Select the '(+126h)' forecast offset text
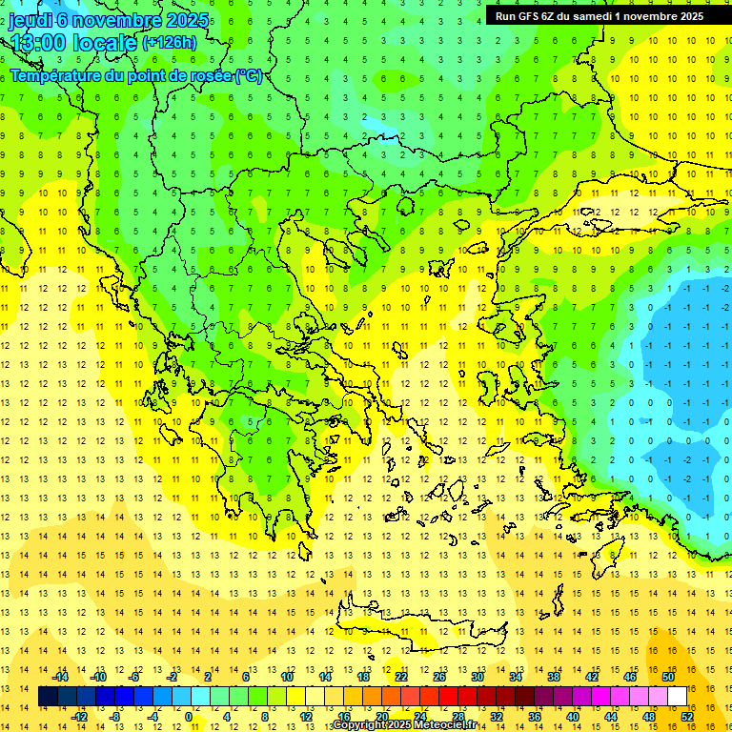pos(169,42)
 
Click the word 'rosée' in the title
pos(209,75)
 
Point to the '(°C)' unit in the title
pos(249,75)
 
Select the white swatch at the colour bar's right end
pos(677,697)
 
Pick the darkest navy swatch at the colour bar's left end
pos(49,697)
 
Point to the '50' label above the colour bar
pos(668,677)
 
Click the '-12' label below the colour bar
pos(79,716)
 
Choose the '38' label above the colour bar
pos(554,677)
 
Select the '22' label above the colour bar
pos(401,677)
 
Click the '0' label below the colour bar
pos(189,716)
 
